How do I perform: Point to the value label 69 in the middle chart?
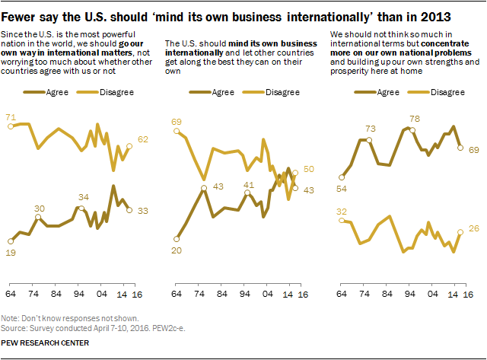177,120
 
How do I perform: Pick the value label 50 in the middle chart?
310,169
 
